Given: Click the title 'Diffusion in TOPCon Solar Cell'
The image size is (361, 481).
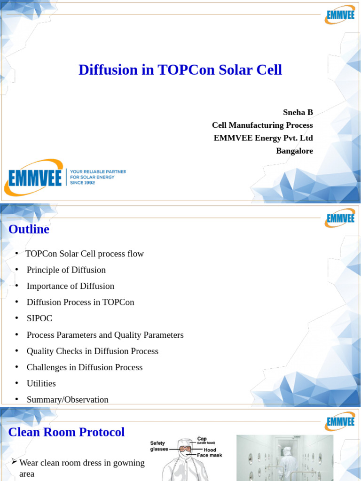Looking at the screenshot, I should click(x=180, y=70).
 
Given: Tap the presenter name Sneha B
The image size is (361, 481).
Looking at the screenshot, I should click(x=298, y=112).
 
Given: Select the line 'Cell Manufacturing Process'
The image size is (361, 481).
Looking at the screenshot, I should click(x=262, y=125).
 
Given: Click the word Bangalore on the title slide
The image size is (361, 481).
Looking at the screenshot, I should click(x=294, y=151).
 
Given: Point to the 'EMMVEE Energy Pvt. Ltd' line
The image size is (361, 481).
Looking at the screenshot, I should click(x=263, y=138).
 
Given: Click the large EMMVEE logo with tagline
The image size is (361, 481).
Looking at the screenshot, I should click(x=65, y=177).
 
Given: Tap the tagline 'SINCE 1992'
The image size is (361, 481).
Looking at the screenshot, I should click(x=82, y=183).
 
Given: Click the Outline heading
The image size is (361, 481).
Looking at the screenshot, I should click(x=29, y=229).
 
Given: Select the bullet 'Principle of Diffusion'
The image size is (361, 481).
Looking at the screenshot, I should click(x=66, y=270).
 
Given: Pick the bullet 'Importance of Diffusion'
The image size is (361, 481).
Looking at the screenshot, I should click(x=71, y=286).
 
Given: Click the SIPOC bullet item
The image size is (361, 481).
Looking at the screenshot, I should click(x=39, y=318).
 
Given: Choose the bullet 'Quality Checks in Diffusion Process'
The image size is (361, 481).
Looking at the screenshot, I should click(x=93, y=351).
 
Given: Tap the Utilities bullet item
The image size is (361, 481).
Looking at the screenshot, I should click(x=41, y=384).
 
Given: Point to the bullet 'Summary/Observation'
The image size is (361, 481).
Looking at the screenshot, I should click(x=68, y=400).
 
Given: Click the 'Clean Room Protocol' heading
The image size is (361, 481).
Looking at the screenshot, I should click(x=67, y=432).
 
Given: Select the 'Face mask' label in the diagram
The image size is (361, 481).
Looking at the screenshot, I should click(x=209, y=455).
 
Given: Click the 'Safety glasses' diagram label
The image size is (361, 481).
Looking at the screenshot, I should click(x=159, y=446).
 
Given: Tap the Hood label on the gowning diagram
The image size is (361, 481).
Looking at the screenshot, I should click(x=210, y=450).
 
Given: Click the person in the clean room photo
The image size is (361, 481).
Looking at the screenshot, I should click(x=287, y=463).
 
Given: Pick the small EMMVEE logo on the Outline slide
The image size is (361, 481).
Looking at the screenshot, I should click(x=339, y=218).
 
